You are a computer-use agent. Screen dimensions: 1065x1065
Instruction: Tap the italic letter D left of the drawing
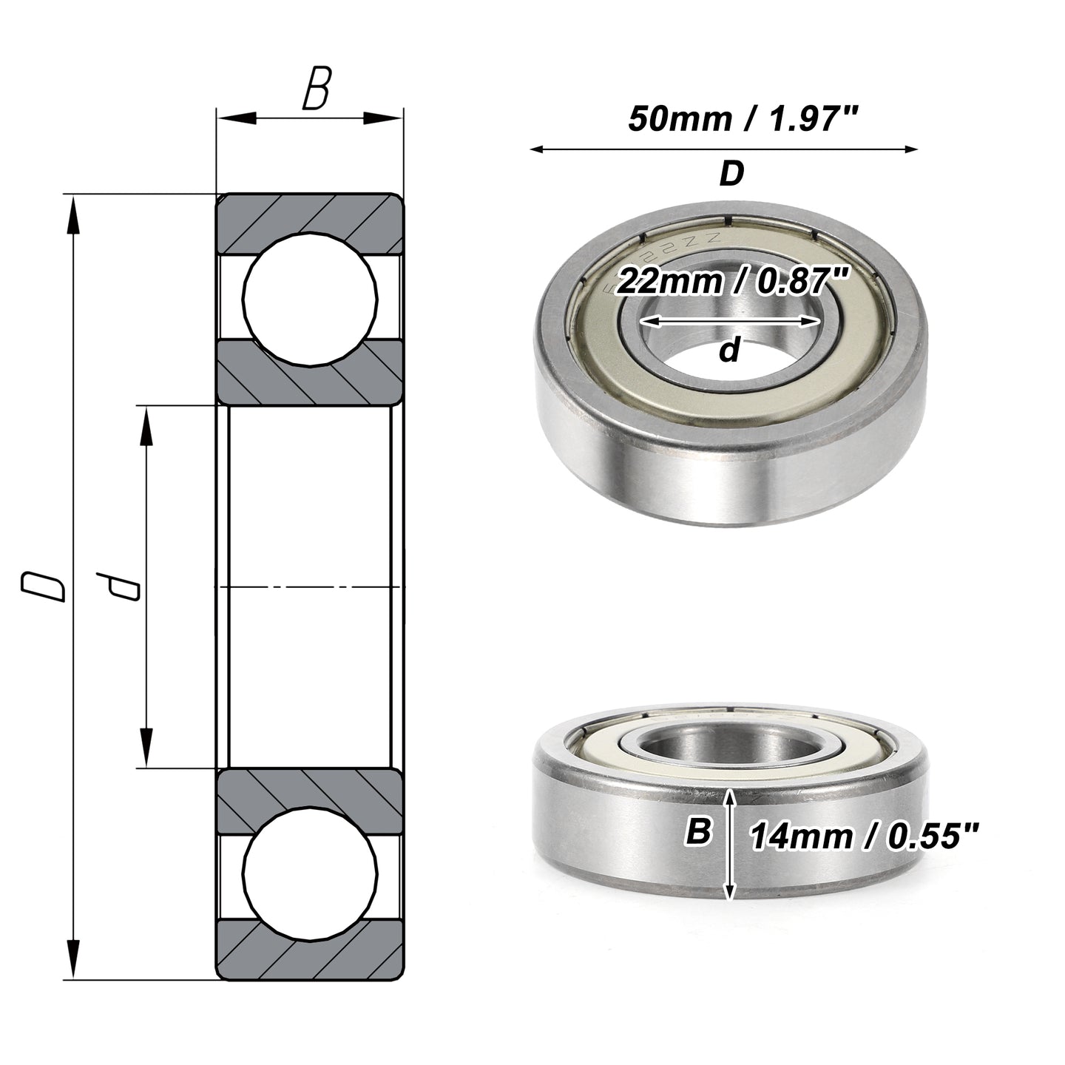click(x=43, y=587)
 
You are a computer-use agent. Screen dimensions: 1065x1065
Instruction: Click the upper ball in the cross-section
click(x=310, y=300)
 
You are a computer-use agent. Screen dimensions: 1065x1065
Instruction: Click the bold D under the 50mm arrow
click(x=731, y=174)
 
